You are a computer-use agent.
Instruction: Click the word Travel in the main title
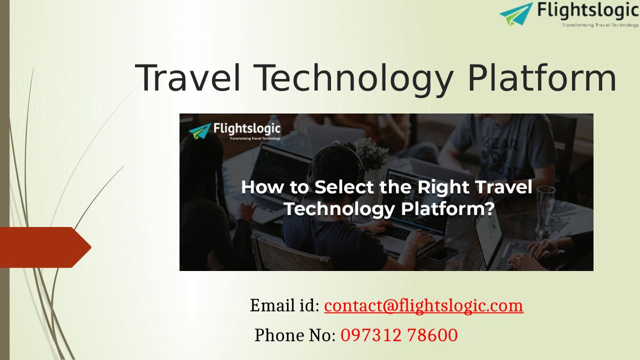click(x=187, y=77)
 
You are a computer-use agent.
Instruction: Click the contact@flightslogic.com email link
click(x=423, y=305)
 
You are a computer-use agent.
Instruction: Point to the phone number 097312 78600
click(x=399, y=335)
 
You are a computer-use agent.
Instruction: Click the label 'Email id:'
click(x=284, y=305)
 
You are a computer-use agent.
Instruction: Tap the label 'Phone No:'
click(x=295, y=335)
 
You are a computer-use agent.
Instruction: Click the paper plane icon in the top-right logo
click(x=516, y=13)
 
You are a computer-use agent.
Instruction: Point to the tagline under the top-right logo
click(x=600, y=25)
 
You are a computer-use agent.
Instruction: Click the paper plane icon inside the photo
click(x=199, y=131)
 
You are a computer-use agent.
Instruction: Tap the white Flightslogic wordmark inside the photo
click(x=247, y=128)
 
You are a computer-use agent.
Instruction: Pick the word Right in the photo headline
click(x=443, y=187)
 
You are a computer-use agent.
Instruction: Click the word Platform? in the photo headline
click(x=447, y=209)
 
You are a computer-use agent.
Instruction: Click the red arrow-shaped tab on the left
click(x=45, y=247)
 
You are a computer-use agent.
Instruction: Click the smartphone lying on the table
click(x=442, y=254)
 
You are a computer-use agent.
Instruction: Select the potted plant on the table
click(x=370, y=154)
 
